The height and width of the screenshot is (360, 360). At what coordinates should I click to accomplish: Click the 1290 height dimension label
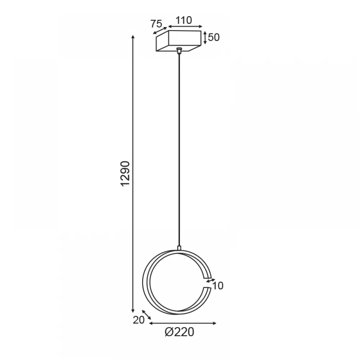pyautogui.click(x=126, y=174)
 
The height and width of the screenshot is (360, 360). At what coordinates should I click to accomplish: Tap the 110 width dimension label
pyautogui.click(x=184, y=21)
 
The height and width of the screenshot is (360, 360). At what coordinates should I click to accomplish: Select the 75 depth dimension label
pyautogui.click(x=156, y=24)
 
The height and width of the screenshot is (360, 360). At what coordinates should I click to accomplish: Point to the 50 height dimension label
pyautogui.click(x=214, y=37)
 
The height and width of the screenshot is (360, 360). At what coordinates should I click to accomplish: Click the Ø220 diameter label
pyautogui.click(x=179, y=332)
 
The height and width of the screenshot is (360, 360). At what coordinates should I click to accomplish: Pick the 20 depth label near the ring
pyautogui.click(x=139, y=320)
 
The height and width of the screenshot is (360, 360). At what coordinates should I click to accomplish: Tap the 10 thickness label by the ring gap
pyautogui.click(x=217, y=286)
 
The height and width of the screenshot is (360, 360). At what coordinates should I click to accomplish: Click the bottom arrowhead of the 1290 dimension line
pyautogui.click(x=133, y=311)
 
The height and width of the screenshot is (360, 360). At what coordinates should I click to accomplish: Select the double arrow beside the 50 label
pyautogui.click(x=205, y=38)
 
